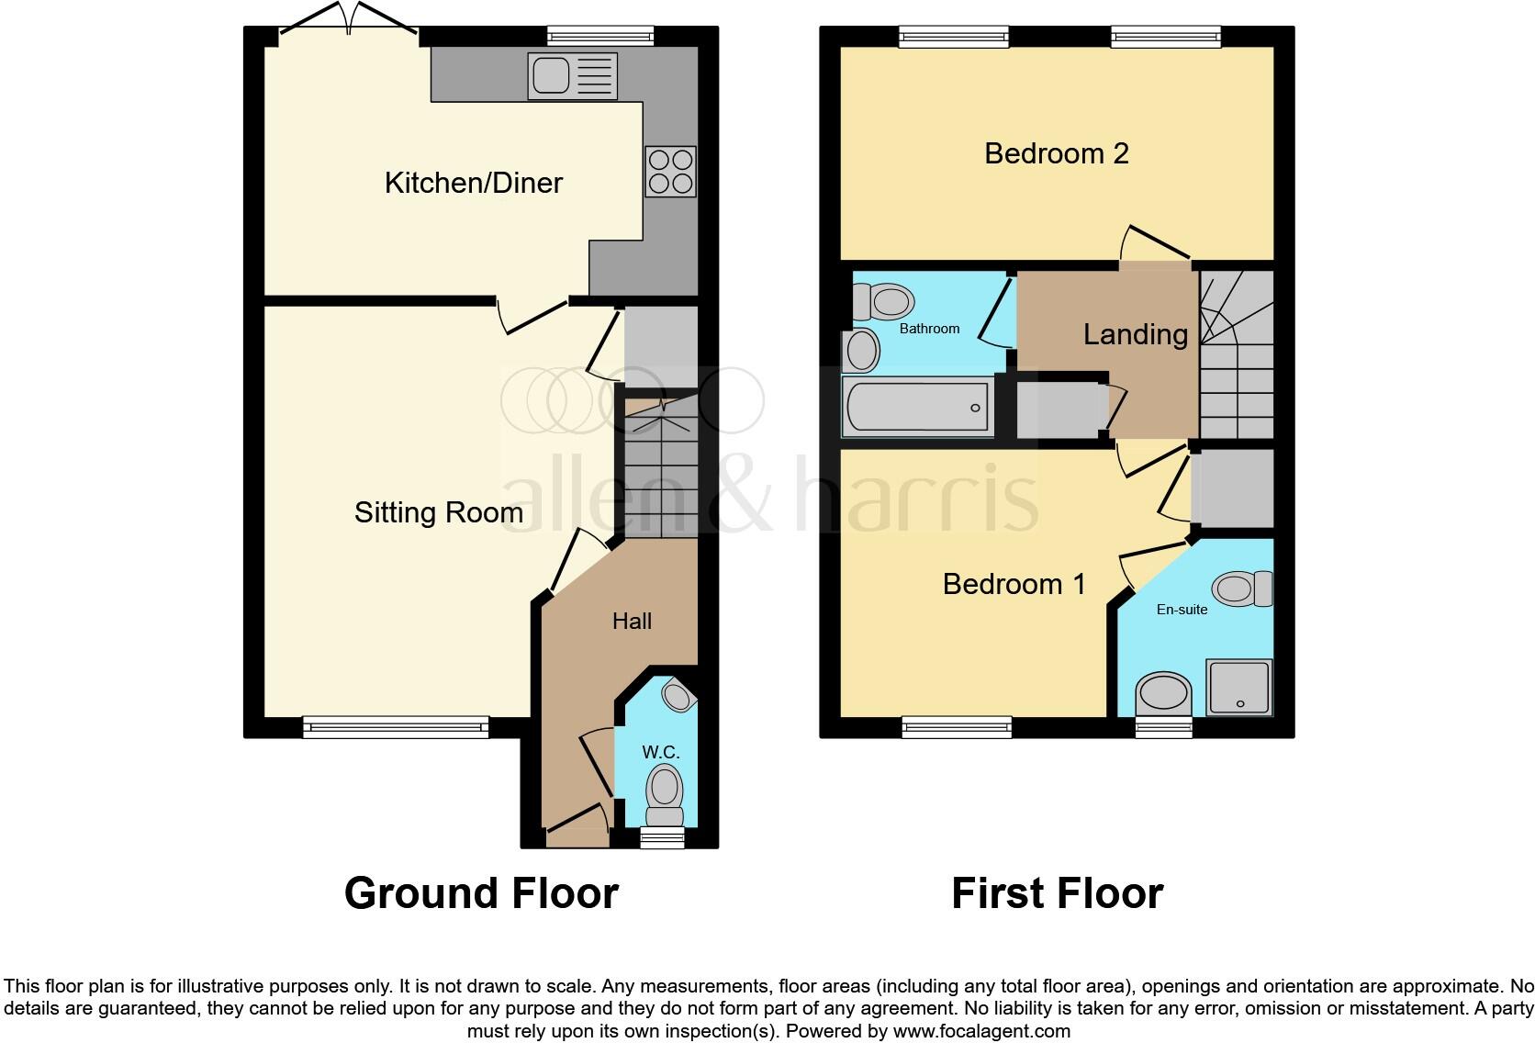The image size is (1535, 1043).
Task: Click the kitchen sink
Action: (x=572, y=75)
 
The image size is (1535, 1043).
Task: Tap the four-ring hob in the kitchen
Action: (x=670, y=172)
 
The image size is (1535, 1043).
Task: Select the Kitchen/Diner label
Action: (x=473, y=183)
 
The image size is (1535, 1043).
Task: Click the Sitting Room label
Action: (x=438, y=512)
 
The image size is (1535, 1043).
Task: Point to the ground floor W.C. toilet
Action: (x=665, y=794)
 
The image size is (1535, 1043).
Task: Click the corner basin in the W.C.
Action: (x=678, y=696)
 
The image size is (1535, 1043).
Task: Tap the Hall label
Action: (x=632, y=622)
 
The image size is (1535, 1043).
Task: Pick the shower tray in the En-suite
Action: (x=1239, y=686)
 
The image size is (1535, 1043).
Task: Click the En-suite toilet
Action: (x=1241, y=588)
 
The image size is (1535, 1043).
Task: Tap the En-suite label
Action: (x=1182, y=610)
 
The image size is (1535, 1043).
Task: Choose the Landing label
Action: (x=1135, y=334)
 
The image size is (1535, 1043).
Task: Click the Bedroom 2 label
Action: (x=1056, y=153)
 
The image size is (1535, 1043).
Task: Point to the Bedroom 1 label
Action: (x=1014, y=584)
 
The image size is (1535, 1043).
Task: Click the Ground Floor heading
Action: (x=481, y=893)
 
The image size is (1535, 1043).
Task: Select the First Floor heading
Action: (x=1057, y=893)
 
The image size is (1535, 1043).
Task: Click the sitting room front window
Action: (x=396, y=728)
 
